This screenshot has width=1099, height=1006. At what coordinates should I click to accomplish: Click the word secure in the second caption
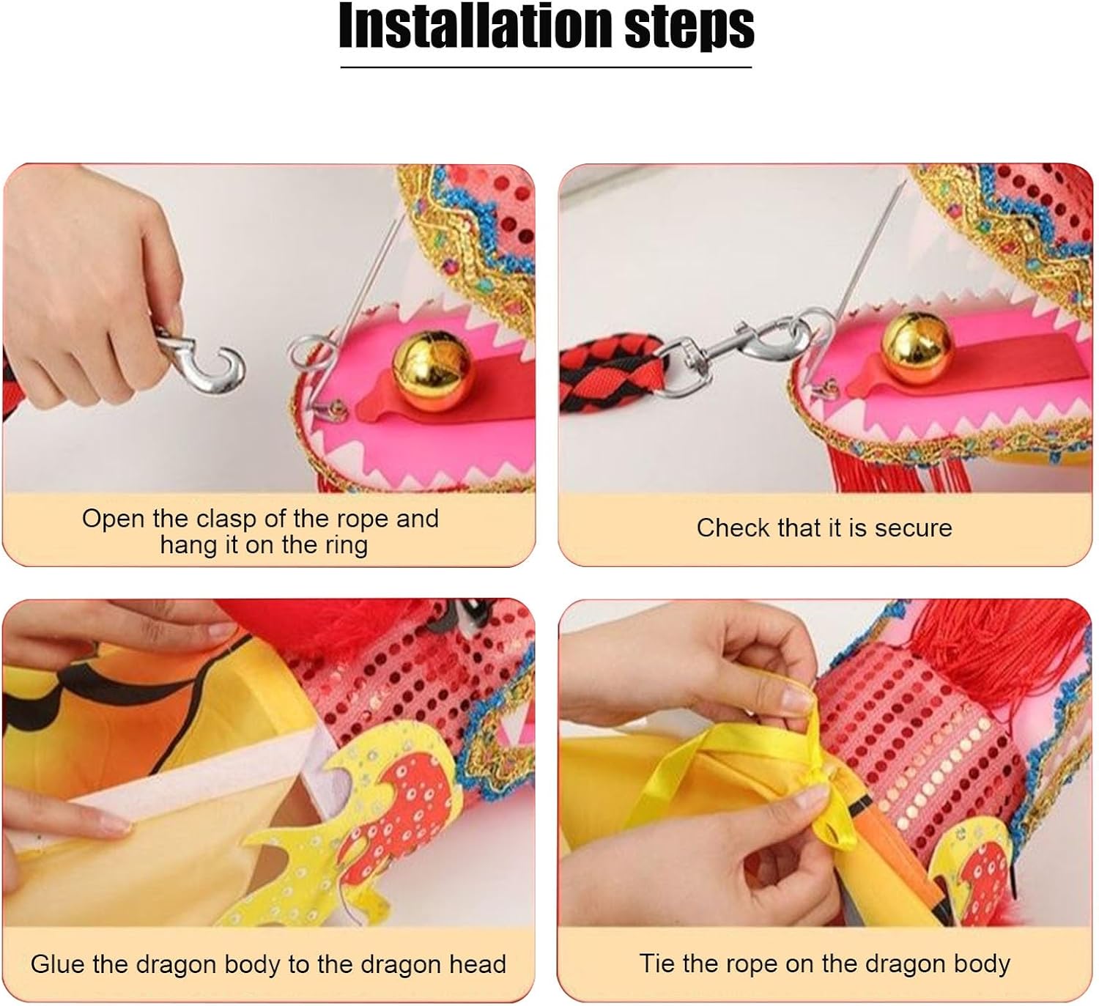coord(914,528)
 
